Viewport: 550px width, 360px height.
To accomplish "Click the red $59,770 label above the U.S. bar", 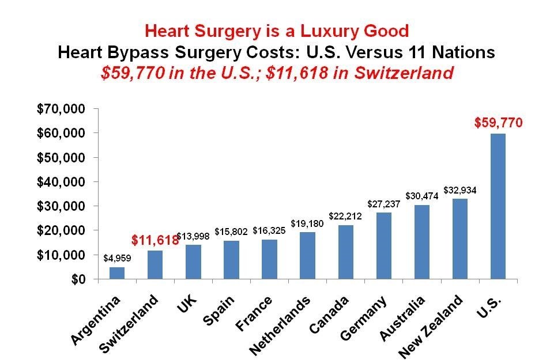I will [498, 122].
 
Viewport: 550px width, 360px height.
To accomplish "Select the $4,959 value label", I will [117, 259].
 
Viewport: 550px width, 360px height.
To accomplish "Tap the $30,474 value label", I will [421, 196].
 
